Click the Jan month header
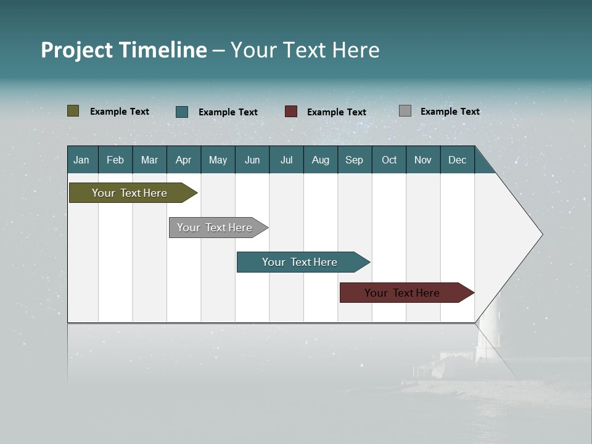(x=81, y=160)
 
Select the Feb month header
(x=115, y=160)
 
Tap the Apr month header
(x=183, y=160)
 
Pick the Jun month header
(x=252, y=160)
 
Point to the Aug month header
(x=320, y=160)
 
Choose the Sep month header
(x=354, y=160)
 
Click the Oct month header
(x=389, y=160)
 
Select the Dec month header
(x=457, y=160)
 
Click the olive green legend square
(x=73, y=111)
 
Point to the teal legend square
(x=182, y=112)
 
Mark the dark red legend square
(x=291, y=112)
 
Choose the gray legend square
(x=405, y=111)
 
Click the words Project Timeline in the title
(x=123, y=50)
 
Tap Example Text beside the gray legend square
(x=450, y=112)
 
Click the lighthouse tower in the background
(x=488, y=336)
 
